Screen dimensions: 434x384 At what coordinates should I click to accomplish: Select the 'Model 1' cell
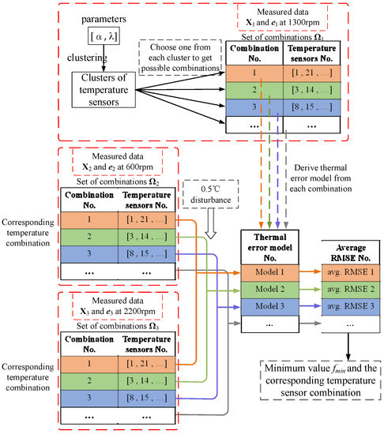point(266,272)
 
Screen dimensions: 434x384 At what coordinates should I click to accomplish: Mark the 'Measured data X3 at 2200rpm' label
point(113,302)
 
